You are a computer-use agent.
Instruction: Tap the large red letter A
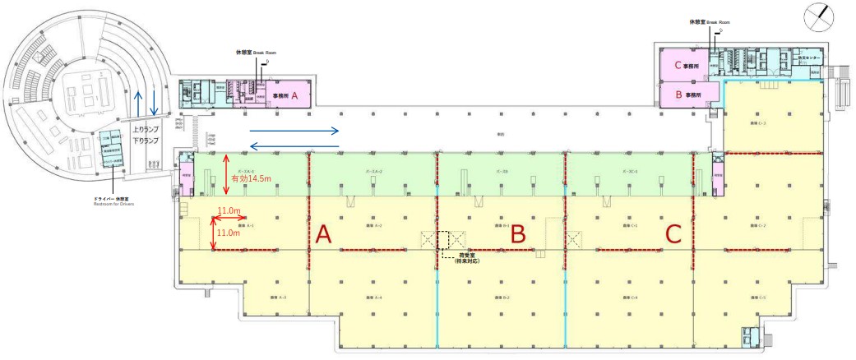pos(323,235)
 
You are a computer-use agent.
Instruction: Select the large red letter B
pos(518,234)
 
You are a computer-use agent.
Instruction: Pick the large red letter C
pos(673,234)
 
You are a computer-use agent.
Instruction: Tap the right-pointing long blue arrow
pos(294,130)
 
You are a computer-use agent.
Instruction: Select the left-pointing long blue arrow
pos(294,146)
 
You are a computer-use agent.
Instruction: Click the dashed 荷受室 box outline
pos(444,240)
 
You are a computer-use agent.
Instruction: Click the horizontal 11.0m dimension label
pos(229,210)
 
